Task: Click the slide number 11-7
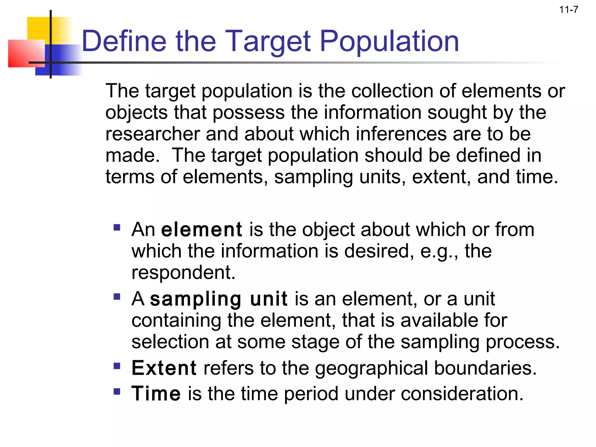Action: [568, 10]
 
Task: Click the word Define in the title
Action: [124, 41]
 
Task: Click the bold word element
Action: [201, 230]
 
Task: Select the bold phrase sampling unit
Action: [219, 299]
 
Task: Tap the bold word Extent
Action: [164, 368]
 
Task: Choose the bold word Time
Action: [156, 393]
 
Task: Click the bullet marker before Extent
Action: [117, 366]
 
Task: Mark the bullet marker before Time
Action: [117, 391]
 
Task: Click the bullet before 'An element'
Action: [117, 227]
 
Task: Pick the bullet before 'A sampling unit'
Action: [117, 297]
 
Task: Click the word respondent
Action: [183, 273]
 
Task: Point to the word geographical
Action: [371, 368]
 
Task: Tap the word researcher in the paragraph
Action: [152, 134]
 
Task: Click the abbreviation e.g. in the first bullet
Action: [439, 251]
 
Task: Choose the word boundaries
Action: [485, 368]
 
